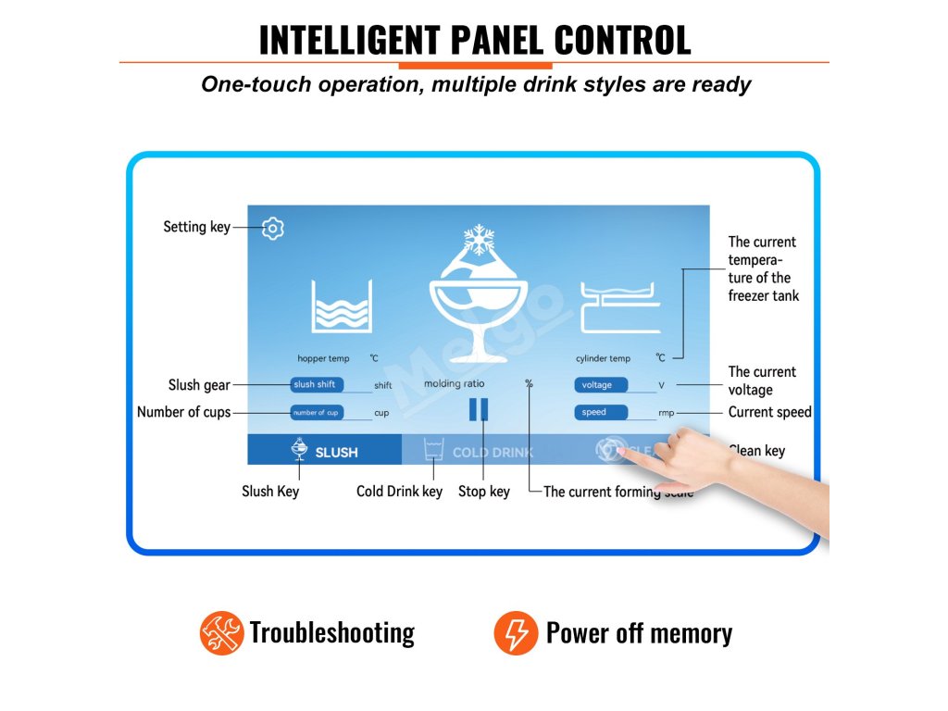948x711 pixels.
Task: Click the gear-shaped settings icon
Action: [x=272, y=228]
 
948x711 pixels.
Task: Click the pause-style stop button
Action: [x=479, y=409]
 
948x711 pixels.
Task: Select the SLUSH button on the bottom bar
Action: [x=325, y=451]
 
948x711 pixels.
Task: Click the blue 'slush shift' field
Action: [x=318, y=385]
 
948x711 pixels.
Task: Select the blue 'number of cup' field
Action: [x=318, y=412]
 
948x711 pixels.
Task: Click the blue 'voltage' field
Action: [x=601, y=385]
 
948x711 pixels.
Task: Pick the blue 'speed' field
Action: [x=601, y=412]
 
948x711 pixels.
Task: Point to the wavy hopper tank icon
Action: [x=342, y=307]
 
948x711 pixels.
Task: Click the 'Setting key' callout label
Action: [x=196, y=227]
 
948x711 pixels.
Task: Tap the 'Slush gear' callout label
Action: [x=198, y=385]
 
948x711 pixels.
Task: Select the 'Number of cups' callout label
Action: [x=183, y=412]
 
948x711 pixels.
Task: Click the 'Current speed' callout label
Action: [x=769, y=412]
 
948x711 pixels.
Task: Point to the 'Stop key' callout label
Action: [x=483, y=492]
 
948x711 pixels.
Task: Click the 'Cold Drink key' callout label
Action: [x=399, y=492]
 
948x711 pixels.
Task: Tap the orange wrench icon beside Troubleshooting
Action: [x=221, y=633]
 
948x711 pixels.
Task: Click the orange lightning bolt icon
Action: [x=516, y=633]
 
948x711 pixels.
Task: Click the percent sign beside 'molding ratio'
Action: [x=529, y=383]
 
